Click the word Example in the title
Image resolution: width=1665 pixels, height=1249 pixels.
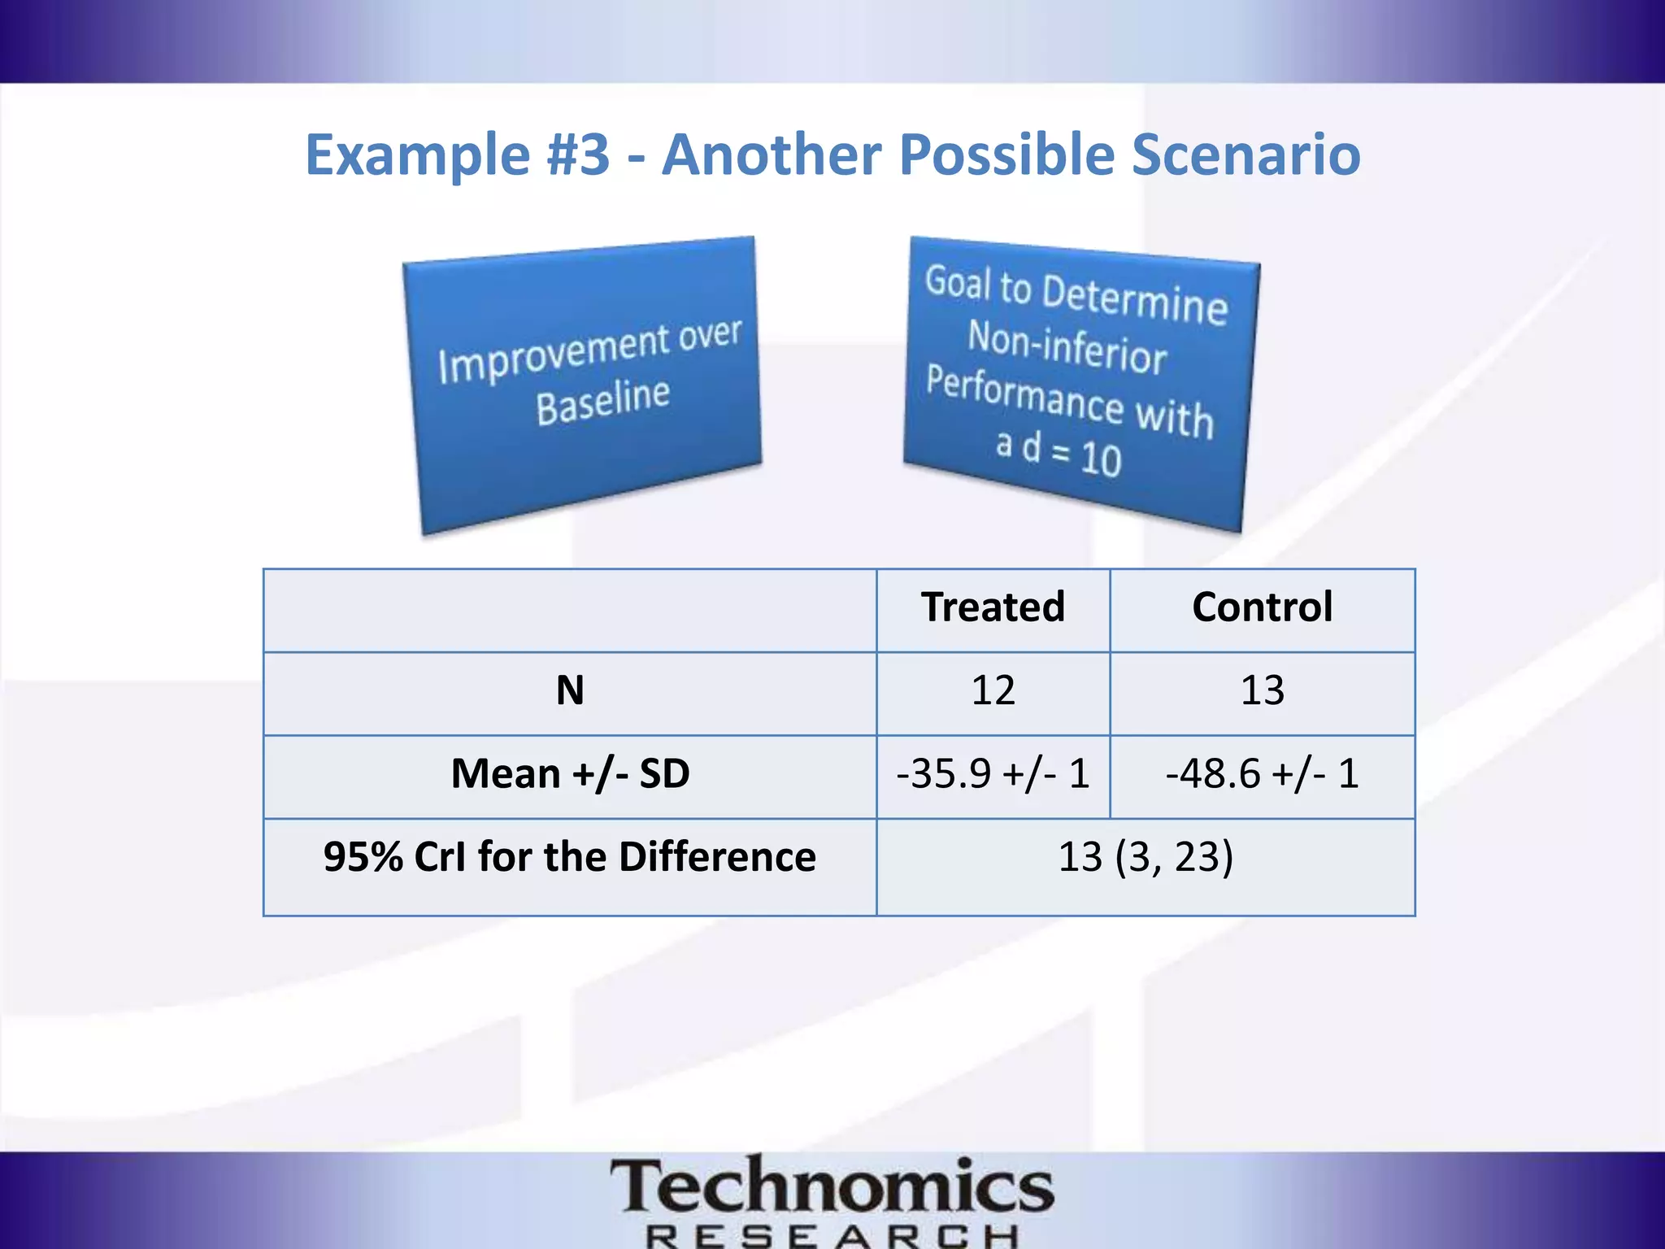tap(417, 154)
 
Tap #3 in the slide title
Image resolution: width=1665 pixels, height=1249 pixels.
tap(578, 154)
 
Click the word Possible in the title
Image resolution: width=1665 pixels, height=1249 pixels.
tap(1006, 154)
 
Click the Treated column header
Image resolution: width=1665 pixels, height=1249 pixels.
tap(993, 607)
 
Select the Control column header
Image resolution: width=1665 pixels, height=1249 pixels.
tap(1262, 607)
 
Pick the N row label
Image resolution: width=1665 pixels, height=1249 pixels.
tap(570, 691)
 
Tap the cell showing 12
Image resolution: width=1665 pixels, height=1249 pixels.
tap(993, 691)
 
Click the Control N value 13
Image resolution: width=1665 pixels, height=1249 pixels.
tap(1262, 691)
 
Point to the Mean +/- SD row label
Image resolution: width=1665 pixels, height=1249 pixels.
tap(570, 774)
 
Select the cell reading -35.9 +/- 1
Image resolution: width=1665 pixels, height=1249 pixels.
tap(993, 774)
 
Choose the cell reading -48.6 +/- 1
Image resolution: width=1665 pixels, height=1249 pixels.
tap(1262, 774)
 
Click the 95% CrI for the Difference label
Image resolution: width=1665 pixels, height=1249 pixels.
tap(570, 857)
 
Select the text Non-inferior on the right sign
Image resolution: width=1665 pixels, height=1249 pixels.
tap(1067, 348)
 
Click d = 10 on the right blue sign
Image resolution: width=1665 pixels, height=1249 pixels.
tap(1072, 454)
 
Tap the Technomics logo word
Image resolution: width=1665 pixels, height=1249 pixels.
tap(832, 1186)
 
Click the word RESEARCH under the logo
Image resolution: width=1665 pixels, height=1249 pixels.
tap(832, 1236)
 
